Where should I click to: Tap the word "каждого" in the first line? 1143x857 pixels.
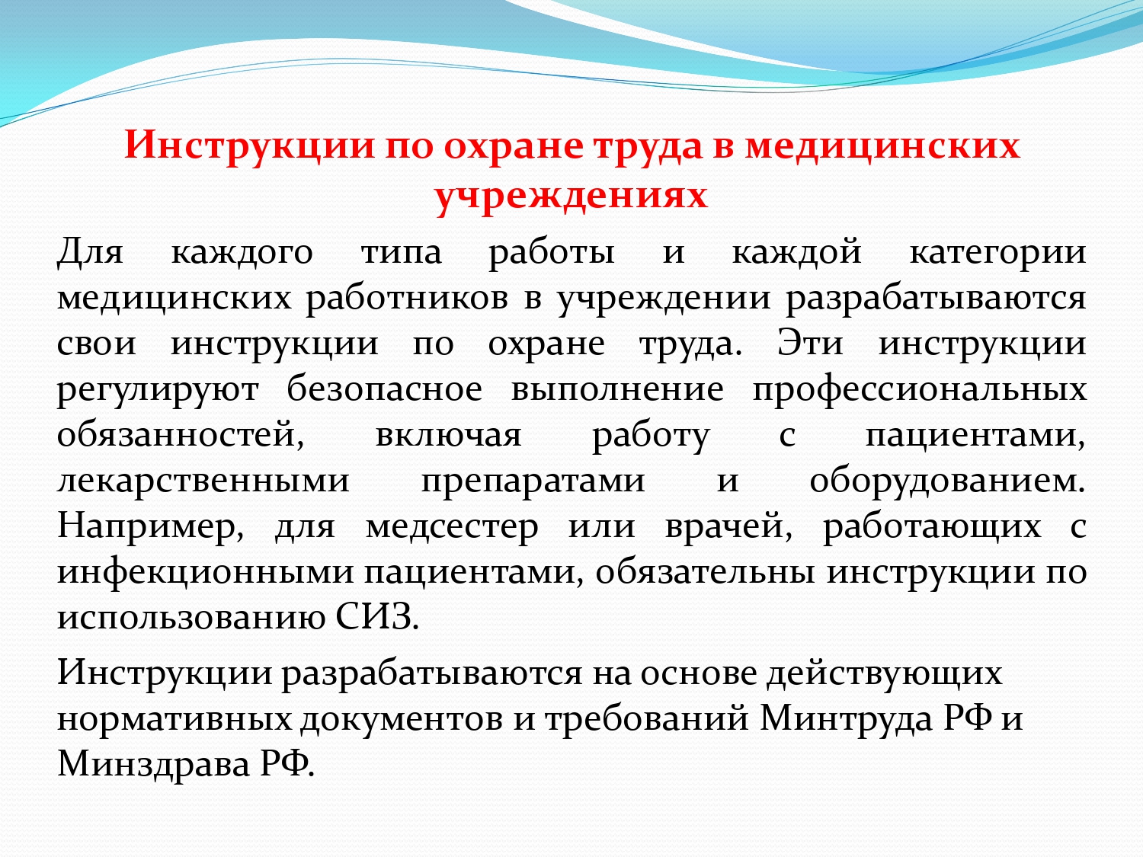(x=242, y=254)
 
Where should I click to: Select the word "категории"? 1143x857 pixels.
(x=997, y=254)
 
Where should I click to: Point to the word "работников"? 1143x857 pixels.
(x=407, y=299)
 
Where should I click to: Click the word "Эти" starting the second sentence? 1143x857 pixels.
(x=810, y=344)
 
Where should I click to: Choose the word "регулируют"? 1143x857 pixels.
(x=157, y=391)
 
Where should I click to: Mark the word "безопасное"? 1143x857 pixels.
(x=385, y=390)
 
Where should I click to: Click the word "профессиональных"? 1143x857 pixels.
(x=920, y=391)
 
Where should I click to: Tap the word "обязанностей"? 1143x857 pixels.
(x=181, y=436)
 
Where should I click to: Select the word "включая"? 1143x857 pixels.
(x=448, y=436)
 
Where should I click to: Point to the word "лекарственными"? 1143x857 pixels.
(x=203, y=481)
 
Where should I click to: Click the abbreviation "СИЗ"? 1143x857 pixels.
(x=376, y=618)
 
